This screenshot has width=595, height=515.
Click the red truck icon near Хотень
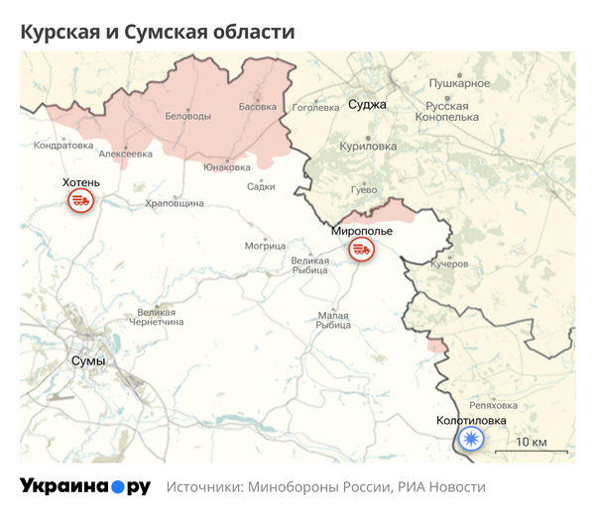[79, 201]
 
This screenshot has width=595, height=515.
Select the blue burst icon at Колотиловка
[469, 440]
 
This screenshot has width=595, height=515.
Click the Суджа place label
[367, 104]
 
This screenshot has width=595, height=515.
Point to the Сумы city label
[88, 360]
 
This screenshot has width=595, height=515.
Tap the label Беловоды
[187, 117]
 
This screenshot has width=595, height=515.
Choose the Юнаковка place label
[226, 167]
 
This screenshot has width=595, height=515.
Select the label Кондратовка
[64, 145]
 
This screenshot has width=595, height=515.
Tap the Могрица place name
[265, 245]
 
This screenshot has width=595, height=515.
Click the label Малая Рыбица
[334, 320]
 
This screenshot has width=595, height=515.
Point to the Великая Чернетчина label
[157, 317]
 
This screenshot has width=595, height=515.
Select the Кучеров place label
[449, 264]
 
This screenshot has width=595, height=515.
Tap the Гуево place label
[364, 188]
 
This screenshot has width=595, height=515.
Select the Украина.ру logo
[85, 486]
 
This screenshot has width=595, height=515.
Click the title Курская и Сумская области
[158, 32]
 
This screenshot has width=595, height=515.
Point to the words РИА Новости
[442, 487]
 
